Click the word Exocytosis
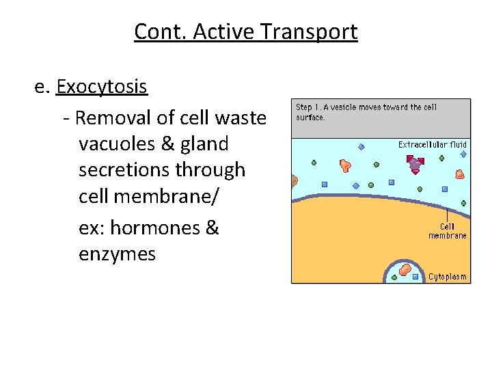(102, 87)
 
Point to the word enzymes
(117, 254)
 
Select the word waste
(240, 118)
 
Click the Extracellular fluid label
(432, 144)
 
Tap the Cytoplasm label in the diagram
(447, 277)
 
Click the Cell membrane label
(448, 231)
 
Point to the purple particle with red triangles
(415, 164)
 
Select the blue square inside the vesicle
(415, 277)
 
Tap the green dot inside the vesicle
(394, 277)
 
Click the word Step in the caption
(303, 107)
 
